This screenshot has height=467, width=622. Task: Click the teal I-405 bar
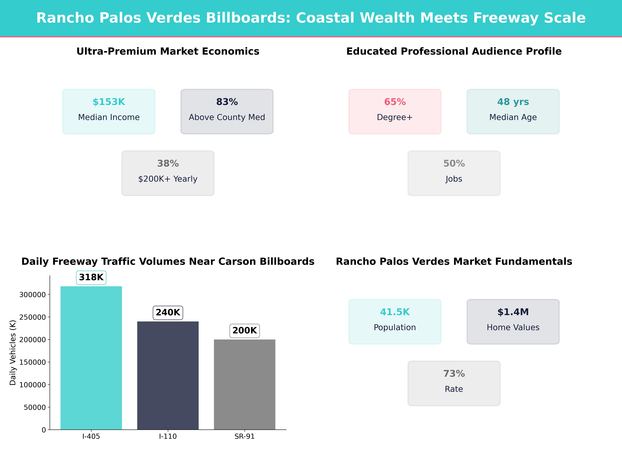(91, 358)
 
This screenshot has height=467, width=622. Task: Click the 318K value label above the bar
(91, 277)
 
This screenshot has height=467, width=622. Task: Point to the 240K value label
(168, 313)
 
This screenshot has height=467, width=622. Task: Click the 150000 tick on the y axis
(32, 362)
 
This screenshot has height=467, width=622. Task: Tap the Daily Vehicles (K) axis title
(13, 352)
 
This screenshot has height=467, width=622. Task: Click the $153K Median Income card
(109, 111)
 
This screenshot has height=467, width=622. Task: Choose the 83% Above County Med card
(227, 111)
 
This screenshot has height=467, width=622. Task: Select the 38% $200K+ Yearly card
(168, 173)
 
